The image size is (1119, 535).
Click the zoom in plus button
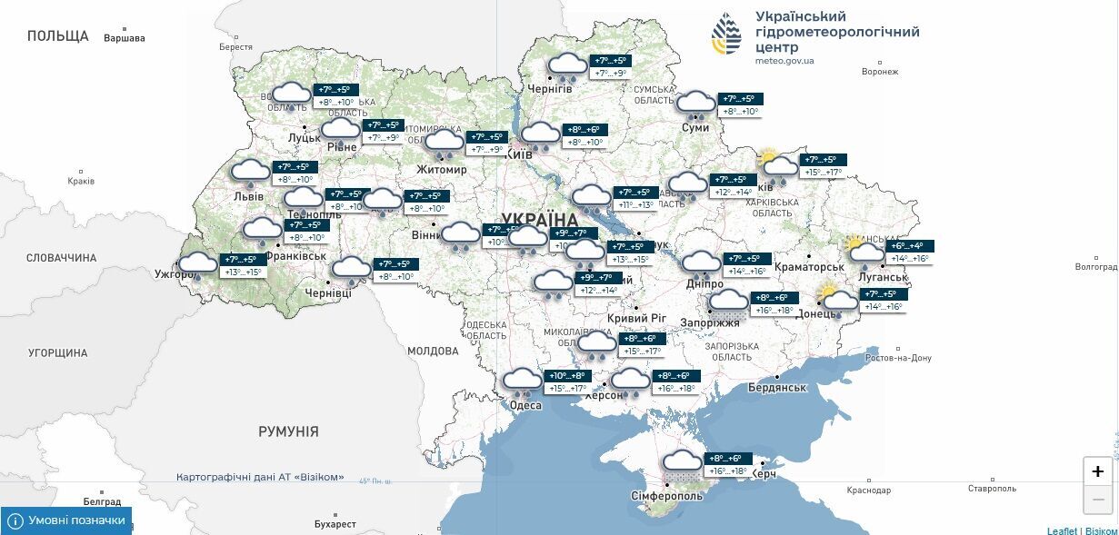pos(1097,471)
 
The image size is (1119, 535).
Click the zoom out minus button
pos(1097,499)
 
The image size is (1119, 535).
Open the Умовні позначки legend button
pos(66,520)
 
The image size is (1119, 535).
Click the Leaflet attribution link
pos(1062,530)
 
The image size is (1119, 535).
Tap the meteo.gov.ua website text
pos(784,61)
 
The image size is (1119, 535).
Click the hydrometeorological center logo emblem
pos(725,35)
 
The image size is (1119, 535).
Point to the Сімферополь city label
pos(666,497)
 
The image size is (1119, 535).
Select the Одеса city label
pos(525,405)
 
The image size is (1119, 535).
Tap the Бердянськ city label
pos(776,388)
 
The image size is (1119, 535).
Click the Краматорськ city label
pos(809,268)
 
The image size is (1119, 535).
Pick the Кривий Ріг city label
pos(636,318)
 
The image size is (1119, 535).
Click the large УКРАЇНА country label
pos(539,220)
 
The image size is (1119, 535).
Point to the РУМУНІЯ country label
pos(288,431)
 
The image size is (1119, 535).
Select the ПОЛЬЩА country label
pos(58,36)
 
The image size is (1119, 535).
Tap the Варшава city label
pos(125,39)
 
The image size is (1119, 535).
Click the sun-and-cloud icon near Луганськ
pos(864,250)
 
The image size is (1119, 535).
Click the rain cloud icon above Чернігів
pos(568,66)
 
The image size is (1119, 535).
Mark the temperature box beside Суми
pos(741,105)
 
